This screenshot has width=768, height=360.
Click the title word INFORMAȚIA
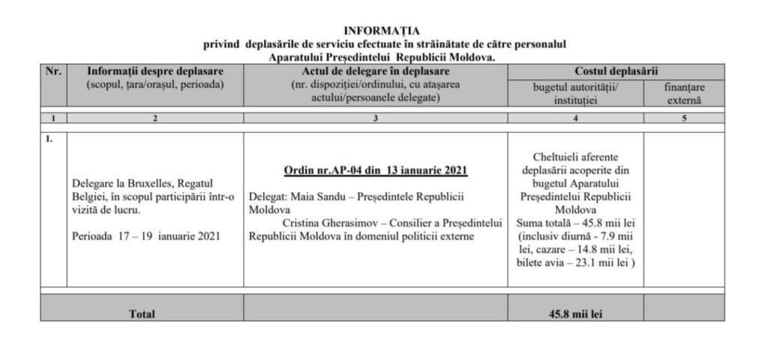pos(382,31)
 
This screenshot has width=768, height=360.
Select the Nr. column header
pos(52,71)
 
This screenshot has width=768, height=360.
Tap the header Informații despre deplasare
pos(155,71)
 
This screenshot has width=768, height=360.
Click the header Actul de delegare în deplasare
pos(376,71)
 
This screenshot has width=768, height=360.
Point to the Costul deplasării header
pos(616,71)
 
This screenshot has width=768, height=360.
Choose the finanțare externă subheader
pos(683,93)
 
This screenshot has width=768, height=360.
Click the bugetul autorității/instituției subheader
pos(575,93)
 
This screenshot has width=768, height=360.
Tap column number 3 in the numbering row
pos(375,118)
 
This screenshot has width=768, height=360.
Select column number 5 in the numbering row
pos(683,118)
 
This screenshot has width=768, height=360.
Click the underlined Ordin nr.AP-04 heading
pos(376,170)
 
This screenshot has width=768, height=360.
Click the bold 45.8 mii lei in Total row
pos(575,314)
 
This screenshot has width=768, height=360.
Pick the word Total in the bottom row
pos(142,314)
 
